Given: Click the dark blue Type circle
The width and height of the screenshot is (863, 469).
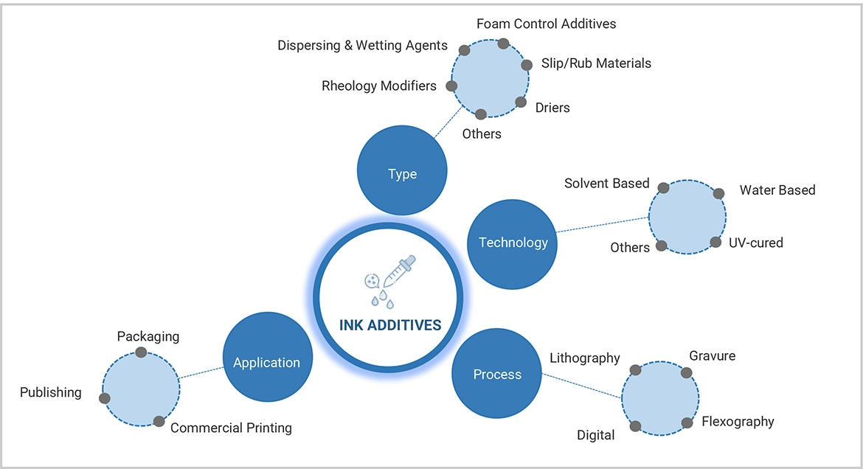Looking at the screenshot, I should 402,174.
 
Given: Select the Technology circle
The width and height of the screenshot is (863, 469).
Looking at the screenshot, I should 513,243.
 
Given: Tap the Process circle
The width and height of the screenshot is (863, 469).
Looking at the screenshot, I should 497,375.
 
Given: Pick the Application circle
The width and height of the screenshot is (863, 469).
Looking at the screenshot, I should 266,363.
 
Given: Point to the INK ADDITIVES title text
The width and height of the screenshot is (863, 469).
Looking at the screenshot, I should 390,325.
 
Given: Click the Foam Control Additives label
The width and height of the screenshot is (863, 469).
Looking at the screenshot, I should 546,24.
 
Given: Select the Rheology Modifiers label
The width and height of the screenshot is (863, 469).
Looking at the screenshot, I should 379,86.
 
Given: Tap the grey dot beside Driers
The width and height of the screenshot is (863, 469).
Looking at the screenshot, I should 521,102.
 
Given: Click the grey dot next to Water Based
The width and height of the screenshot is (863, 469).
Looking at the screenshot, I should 719,194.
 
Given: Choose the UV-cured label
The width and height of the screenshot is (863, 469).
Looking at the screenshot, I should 756,243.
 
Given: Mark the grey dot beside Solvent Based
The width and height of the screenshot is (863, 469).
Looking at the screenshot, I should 663,188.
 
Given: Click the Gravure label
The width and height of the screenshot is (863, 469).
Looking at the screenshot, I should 712,356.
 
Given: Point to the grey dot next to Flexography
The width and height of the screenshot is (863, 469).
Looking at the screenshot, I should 687,423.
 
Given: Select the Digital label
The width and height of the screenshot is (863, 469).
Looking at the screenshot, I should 595,435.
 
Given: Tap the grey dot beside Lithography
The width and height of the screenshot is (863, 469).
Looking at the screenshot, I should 635,369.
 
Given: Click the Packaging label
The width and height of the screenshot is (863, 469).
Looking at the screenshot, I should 148,336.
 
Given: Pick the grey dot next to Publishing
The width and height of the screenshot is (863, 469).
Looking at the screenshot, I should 105,398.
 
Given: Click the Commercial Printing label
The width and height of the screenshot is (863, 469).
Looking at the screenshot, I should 231,428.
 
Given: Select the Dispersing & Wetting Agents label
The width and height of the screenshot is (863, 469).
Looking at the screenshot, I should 362,46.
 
